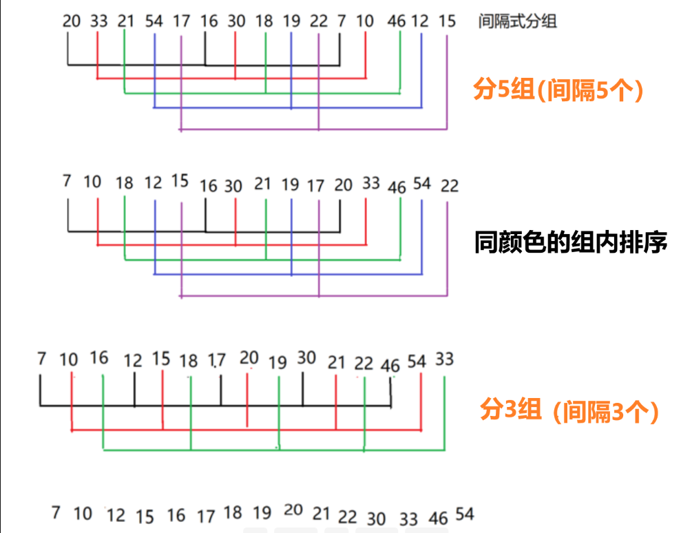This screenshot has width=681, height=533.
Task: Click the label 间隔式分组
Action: pyautogui.click(x=517, y=21)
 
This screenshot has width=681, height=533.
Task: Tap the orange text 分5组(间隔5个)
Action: pyautogui.click(x=558, y=90)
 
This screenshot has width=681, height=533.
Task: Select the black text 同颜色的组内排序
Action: pyautogui.click(x=571, y=243)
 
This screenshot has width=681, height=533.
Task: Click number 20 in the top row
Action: pyautogui.click(x=72, y=21)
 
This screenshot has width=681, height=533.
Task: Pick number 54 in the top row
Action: pyautogui.click(x=154, y=21)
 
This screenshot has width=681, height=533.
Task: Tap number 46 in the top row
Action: pyautogui.click(x=397, y=21)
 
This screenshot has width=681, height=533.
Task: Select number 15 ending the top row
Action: pyautogui.click(x=447, y=21)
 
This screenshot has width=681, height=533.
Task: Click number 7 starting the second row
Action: pyautogui.click(x=67, y=181)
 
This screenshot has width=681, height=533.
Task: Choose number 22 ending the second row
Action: pyautogui.click(x=450, y=186)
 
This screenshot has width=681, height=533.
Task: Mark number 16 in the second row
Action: pyautogui.click(x=208, y=186)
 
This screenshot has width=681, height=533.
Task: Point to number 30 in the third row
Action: pyautogui.click(x=306, y=357)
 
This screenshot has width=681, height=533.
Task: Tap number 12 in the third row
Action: pyautogui.click(x=133, y=360)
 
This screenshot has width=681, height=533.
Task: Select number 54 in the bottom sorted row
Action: pyautogui.click(x=465, y=514)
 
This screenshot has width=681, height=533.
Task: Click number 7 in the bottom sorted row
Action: pyautogui.click(x=56, y=512)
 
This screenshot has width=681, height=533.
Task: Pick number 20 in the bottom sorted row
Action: pyautogui.click(x=293, y=510)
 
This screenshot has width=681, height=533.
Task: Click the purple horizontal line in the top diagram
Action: pyautogui.click(x=313, y=129)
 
